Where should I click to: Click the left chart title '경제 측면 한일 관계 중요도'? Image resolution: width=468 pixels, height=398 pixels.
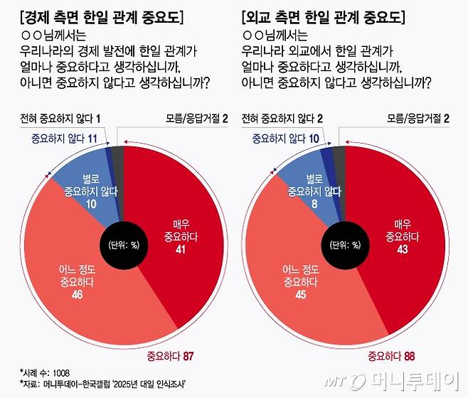99,15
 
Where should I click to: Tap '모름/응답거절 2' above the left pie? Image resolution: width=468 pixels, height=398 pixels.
191,117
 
